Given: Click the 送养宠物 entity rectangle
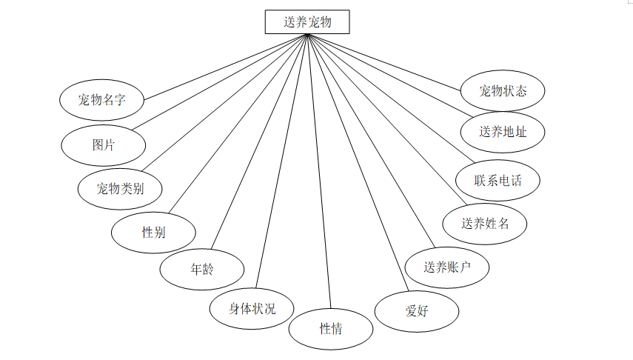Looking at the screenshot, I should click(x=307, y=22).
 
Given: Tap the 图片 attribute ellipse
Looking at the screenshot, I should click(x=103, y=145).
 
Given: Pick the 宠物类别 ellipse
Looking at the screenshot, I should click(x=120, y=189).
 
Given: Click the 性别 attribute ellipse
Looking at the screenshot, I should click(x=153, y=233).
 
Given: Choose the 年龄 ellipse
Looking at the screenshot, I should click(x=202, y=269).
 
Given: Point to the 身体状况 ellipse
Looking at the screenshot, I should click(x=252, y=308).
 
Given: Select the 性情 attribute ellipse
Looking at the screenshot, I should click(x=330, y=329).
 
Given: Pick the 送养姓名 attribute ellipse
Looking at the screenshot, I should click(x=485, y=223).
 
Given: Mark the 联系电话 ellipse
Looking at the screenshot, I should click(x=498, y=180).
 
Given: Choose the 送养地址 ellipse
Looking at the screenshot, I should click(x=503, y=133).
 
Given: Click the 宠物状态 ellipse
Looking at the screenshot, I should click(x=503, y=91).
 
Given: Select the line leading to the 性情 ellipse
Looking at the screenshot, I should click(x=316, y=170).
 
